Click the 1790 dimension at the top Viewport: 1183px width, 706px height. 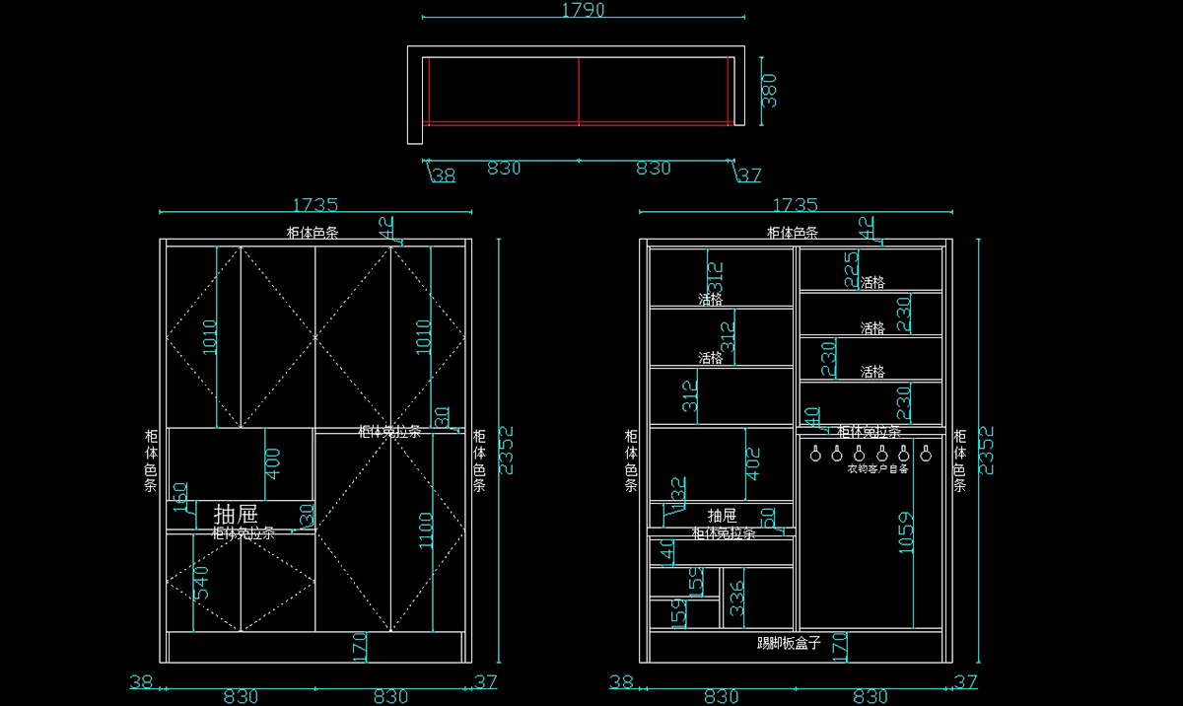tap(583, 10)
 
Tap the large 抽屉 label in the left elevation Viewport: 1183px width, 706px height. tap(236, 514)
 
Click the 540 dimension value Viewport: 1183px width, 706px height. tap(201, 583)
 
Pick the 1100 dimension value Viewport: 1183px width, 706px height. tap(423, 532)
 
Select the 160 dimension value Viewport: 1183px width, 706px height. tap(180, 497)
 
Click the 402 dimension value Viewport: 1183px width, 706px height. tap(753, 463)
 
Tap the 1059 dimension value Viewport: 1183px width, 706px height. tap(906, 531)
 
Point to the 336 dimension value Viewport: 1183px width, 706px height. tap(735, 599)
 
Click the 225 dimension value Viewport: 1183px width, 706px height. tap(851, 268)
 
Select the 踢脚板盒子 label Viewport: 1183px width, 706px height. tap(789, 643)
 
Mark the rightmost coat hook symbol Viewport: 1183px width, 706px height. tap(926, 454)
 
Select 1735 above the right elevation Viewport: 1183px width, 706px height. tap(795, 205)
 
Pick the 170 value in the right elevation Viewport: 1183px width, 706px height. tap(840, 648)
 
